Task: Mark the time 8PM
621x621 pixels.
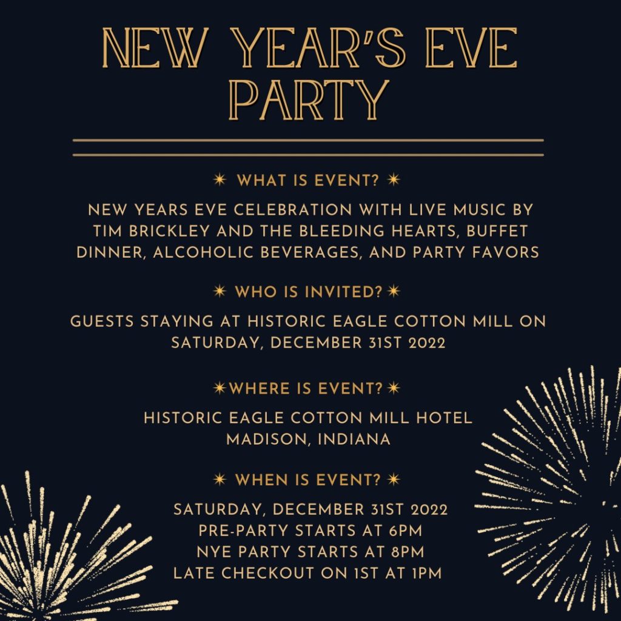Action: [404, 552]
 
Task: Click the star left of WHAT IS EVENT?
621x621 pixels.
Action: [221, 180]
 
